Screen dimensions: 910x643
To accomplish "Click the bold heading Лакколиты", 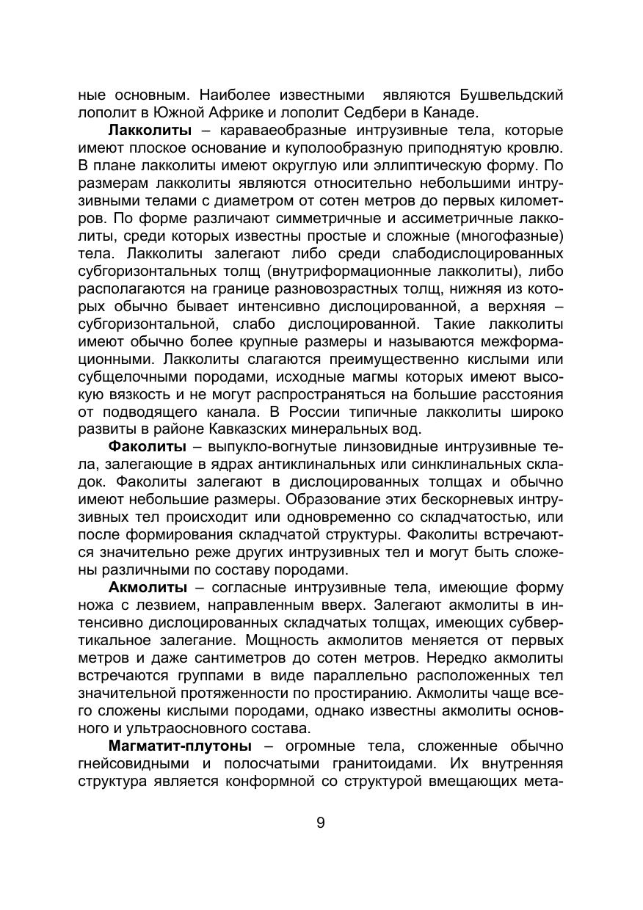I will [150, 131].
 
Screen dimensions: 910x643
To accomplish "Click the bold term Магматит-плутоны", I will [180, 746].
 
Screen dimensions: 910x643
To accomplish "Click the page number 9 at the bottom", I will [321, 823].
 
